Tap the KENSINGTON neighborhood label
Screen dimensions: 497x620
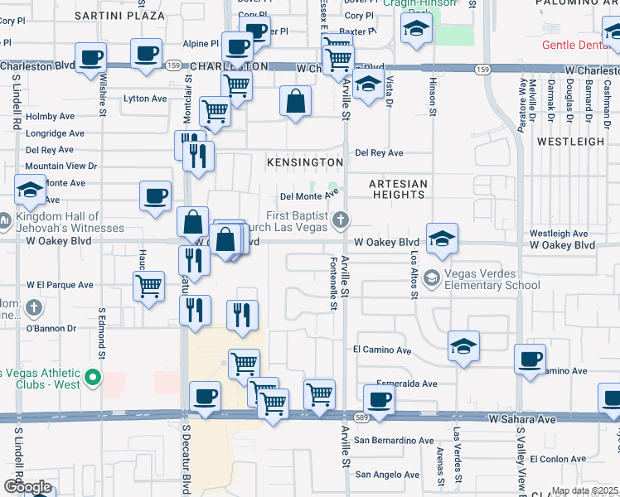point(304,162)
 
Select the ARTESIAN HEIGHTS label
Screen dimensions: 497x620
point(399,189)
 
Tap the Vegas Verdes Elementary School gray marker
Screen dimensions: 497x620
point(431,277)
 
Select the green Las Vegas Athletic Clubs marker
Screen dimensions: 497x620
point(93,380)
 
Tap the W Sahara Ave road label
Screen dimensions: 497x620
point(522,420)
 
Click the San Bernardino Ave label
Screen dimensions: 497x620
point(394,441)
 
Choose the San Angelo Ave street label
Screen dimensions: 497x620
point(388,475)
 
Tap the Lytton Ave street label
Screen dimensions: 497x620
point(145,99)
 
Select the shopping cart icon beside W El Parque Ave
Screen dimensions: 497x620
point(148,287)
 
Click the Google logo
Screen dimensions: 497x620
point(27,487)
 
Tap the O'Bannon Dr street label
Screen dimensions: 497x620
point(51,328)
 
